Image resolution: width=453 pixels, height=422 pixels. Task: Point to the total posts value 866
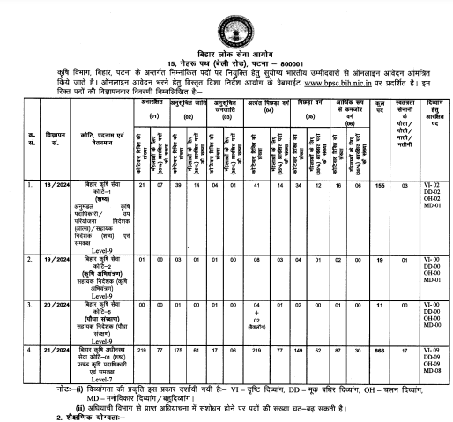click(x=380, y=350)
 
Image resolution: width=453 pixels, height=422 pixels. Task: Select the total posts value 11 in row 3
click(x=380, y=301)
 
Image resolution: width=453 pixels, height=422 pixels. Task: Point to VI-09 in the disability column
click(x=431, y=350)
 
